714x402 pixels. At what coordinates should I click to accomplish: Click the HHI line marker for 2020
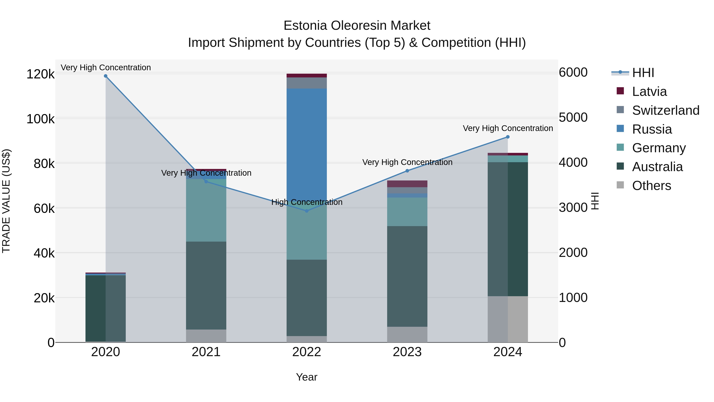pos(106,76)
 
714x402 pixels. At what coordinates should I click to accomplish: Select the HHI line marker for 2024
pos(508,137)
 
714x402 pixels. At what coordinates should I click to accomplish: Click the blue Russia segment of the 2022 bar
pos(307,144)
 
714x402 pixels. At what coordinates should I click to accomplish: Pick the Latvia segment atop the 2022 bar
pos(307,75)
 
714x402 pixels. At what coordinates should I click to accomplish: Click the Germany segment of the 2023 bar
pos(407,212)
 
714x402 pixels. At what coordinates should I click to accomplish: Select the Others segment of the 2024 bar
pos(508,319)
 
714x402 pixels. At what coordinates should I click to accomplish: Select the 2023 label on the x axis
pos(407,352)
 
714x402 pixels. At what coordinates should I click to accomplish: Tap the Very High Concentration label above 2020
pos(106,67)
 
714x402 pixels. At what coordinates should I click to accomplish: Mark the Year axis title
pos(307,377)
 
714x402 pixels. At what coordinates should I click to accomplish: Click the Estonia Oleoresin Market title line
pos(357,26)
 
